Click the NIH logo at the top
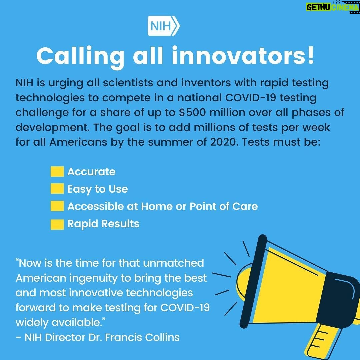163,26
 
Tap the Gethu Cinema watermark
333,7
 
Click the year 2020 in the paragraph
223,142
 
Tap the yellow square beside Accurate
57,172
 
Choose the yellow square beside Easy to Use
57,189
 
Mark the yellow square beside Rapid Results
57,224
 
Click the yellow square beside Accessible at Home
57,206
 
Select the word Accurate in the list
91,172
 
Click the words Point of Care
223,206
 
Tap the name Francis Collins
142,337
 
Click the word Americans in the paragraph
78,142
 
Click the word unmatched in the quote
173,263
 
